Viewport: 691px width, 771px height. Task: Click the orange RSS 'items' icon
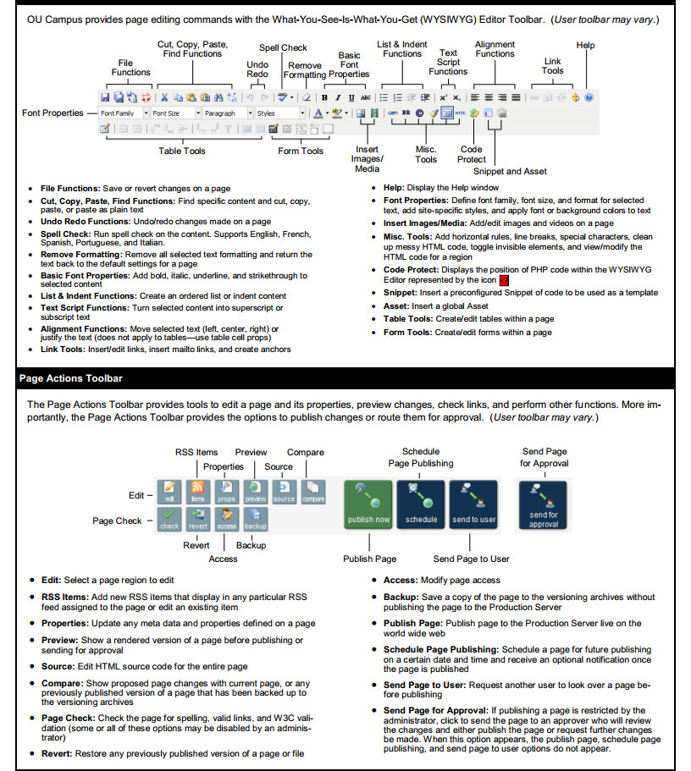[197, 491]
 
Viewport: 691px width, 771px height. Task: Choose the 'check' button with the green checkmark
[169, 518]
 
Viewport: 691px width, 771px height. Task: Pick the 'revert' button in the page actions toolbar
[197, 518]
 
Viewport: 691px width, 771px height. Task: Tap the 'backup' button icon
[255, 518]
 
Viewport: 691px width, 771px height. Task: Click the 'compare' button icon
[313, 491]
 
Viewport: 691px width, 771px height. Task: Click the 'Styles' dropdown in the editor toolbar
[279, 113]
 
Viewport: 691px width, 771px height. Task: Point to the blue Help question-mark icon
[589, 97]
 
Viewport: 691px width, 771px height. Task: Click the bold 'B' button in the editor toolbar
[324, 97]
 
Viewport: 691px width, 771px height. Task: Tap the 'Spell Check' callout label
[283, 47]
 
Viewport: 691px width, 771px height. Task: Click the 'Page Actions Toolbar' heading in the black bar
[70, 378]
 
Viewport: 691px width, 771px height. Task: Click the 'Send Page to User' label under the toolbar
[472, 559]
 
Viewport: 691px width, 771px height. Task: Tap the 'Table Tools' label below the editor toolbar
[182, 151]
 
